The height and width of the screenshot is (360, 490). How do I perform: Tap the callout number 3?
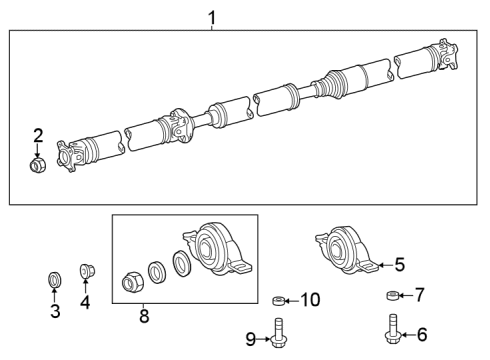pos(55,311)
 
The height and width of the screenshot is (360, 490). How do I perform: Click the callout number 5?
pos(399,265)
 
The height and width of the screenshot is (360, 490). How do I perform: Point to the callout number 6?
pos(422,335)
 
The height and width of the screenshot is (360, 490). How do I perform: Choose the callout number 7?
pos(420,295)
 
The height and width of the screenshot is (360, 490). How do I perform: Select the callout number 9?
pos(251,338)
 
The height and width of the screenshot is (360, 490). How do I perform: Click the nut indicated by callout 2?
pos(38,164)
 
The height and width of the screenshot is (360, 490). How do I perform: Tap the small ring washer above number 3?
pos(55,277)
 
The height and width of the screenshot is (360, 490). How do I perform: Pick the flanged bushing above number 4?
pos(86,272)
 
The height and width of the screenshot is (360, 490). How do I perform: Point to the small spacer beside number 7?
pos(392,296)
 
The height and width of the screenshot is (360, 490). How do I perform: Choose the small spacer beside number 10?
pos(279,299)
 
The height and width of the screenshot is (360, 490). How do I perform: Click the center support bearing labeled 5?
pos(346,250)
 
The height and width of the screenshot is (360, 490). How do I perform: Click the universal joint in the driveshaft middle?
pos(183,125)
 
